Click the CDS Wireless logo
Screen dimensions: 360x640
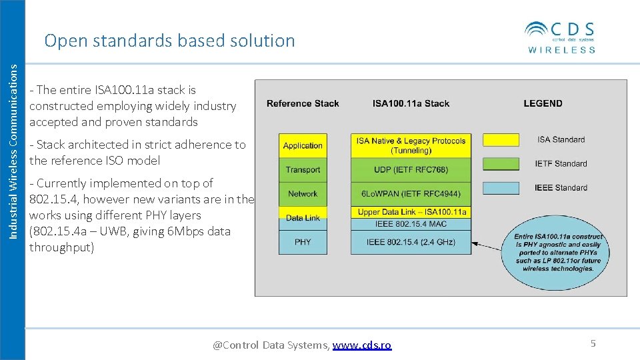coord(560,37)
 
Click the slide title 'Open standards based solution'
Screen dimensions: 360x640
coord(169,41)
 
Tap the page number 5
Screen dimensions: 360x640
coord(593,343)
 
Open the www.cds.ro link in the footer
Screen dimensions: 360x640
coord(362,345)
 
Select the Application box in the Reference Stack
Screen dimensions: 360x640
coord(303,145)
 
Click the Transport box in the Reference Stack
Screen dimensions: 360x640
coord(303,169)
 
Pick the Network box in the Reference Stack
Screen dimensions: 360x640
coord(303,193)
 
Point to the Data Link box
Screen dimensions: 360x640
coord(303,217)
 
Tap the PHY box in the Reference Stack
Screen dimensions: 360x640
coord(303,242)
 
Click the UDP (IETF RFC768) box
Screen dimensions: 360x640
coord(411,169)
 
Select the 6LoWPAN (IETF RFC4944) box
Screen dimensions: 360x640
coord(411,193)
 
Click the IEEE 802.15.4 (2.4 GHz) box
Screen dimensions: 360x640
coord(411,242)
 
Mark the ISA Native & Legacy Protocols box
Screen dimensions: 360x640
coord(411,145)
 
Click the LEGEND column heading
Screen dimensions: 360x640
coord(543,103)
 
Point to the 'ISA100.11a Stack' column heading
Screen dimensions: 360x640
coord(411,103)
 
